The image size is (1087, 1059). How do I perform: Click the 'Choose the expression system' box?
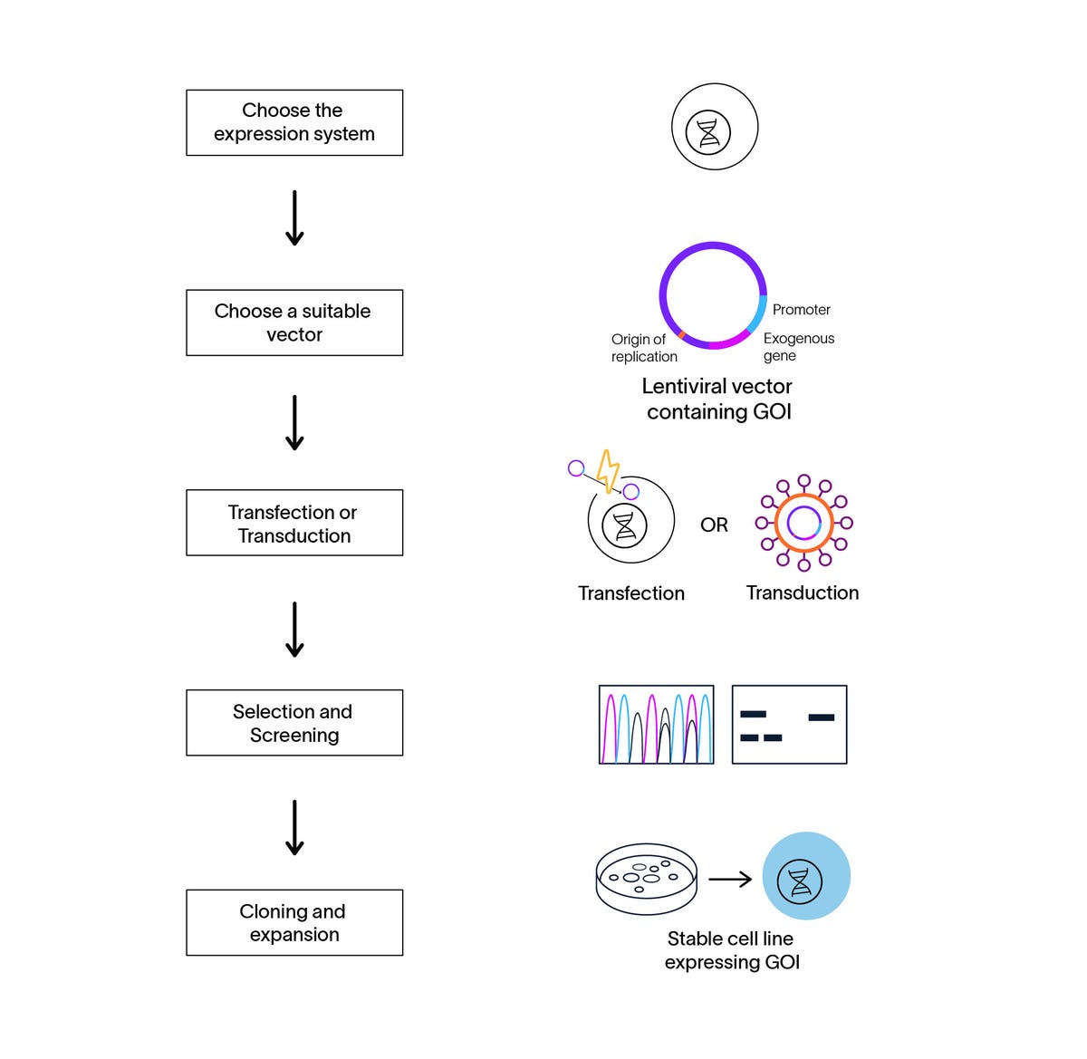(x=294, y=122)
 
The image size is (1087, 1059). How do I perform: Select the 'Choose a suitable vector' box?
(x=294, y=323)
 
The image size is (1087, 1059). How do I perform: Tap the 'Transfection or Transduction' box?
(x=294, y=523)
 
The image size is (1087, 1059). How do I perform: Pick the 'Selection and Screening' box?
(x=294, y=723)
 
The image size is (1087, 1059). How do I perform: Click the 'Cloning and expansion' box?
(x=294, y=922)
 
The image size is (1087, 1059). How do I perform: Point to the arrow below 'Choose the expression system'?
(x=294, y=218)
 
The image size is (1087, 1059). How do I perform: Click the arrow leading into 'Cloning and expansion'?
(x=294, y=827)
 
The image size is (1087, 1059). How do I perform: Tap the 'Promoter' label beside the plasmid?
(x=801, y=310)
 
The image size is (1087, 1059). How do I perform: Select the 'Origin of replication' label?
(x=643, y=348)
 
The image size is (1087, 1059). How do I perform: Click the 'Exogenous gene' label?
(x=798, y=346)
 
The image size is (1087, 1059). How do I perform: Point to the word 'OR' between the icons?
(x=714, y=525)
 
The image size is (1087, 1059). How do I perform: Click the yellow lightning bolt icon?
(x=608, y=470)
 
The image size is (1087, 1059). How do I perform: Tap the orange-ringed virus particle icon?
(x=803, y=523)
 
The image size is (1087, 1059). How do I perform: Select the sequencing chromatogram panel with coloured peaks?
(x=656, y=725)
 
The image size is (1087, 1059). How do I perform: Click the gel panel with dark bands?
(x=789, y=725)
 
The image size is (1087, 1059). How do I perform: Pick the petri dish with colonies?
(x=647, y=879)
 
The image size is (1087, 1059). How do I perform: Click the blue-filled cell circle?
(x=805, y=876)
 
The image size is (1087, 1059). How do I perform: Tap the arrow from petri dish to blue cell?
(x=730, y=879)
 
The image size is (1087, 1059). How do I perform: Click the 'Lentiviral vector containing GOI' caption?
(x=717, y=399)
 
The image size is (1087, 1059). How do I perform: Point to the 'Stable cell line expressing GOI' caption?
(x=731, y=950)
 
